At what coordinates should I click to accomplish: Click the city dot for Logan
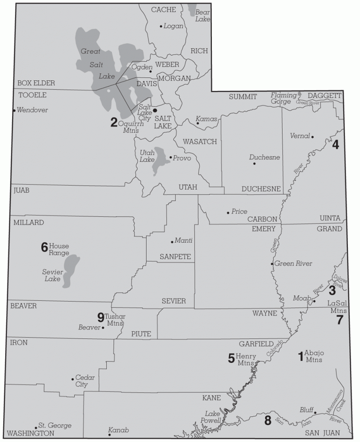(161, 26)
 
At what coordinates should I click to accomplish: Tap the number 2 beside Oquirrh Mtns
(114, 123)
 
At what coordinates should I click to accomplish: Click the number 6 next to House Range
(45, 247)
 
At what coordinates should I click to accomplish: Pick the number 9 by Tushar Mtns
(100, 317)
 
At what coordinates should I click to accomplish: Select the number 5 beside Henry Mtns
(231, 358)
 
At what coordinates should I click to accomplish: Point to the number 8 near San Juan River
(268, 420)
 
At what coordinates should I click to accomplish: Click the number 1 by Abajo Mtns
(300, 355)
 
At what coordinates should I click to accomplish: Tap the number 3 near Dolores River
(332, 290)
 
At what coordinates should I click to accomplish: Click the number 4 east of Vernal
(336, 145)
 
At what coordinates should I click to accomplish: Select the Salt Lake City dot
(155, 110)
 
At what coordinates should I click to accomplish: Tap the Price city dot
(228, 212)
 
